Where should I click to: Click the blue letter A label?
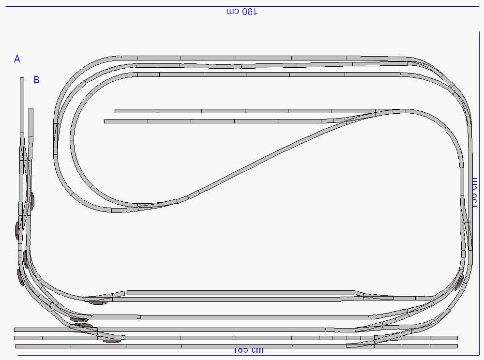tap(17, 59)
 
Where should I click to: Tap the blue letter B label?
tap(37, 80)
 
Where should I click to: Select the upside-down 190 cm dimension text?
tap(242, 12)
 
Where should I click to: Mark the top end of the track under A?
tap(22, 78)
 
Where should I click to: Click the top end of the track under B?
tap(31, 109)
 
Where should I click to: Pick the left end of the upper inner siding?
tap(116, 111)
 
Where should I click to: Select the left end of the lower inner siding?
tap(105, 121)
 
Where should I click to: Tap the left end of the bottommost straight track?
tap(16, 346)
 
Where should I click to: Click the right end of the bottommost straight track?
tap(457, 346)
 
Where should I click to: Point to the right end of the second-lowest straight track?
tap(456, 338)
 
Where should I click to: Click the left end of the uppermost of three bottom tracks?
tap(15, 330)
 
